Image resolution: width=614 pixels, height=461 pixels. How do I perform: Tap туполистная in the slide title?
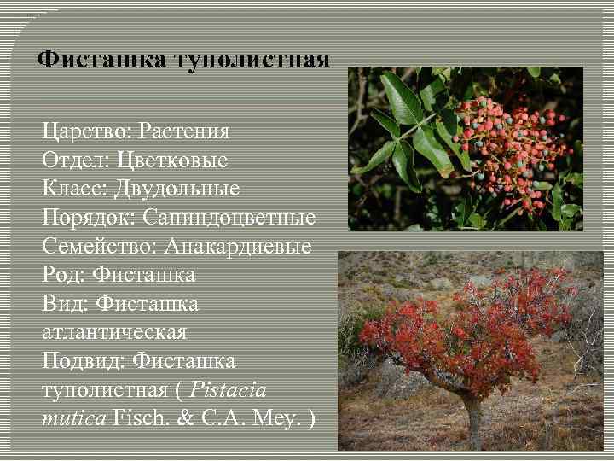(252, 61)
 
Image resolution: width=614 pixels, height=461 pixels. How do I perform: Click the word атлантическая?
(114, 331)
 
